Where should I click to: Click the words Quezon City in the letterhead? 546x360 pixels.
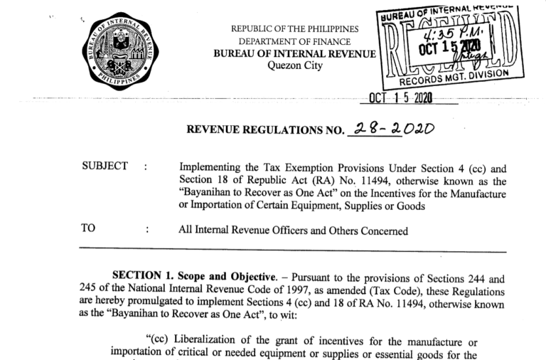(295, 66)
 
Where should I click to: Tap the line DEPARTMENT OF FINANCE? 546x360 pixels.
(295, 41)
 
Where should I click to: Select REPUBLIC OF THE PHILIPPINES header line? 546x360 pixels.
(295, 29)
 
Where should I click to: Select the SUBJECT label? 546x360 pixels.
(105, 166)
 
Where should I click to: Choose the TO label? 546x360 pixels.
(90, 230)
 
